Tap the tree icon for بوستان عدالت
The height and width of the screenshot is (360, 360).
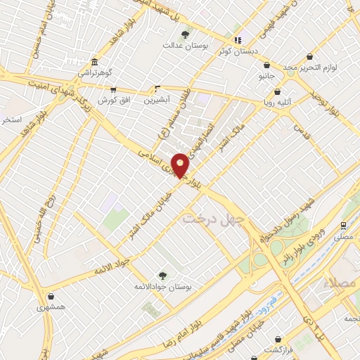pos(186,34)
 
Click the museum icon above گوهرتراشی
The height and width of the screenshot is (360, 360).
pos(95,61)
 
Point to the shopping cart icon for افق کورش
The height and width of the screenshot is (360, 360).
pos(113,90)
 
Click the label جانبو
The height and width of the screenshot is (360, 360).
pos(266,74)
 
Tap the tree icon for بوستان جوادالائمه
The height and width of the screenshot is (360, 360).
pos(162,276)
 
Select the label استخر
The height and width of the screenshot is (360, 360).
pos(12,120)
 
